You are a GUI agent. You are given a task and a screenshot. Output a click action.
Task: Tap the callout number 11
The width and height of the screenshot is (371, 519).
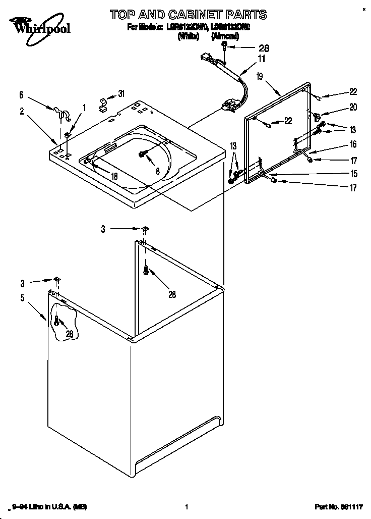pos(261,59)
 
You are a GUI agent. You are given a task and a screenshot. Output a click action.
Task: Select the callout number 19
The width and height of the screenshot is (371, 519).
pos(259,77)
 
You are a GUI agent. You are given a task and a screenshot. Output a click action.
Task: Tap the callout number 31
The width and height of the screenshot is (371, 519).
pos(121,93)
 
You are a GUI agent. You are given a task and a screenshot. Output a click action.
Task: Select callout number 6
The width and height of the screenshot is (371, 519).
pos(21,94)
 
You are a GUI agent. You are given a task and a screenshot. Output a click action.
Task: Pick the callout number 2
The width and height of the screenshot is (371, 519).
pos(22,112)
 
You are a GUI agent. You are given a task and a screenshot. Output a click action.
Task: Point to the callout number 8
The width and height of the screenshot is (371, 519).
pos(157,171)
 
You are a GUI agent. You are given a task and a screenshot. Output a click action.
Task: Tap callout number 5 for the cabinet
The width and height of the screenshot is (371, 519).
pos(22,298)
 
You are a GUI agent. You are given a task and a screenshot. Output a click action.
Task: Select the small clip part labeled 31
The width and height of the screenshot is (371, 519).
pos(103,103)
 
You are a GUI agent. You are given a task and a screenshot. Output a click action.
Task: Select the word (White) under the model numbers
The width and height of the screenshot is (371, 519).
pos(187,36)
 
